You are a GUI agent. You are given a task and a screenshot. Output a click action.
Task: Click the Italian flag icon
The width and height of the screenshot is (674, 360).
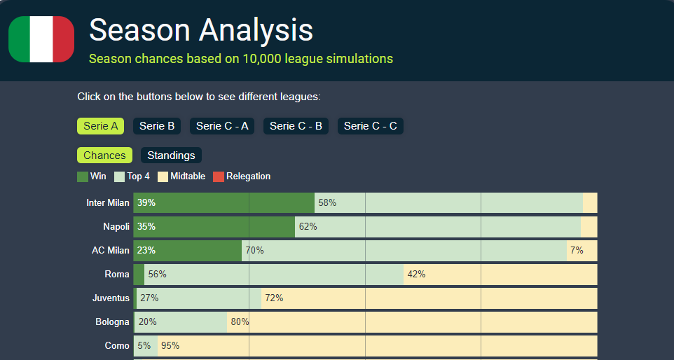coord(41,39)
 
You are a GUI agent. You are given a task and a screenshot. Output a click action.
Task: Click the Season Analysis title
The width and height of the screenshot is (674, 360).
coord(201,30)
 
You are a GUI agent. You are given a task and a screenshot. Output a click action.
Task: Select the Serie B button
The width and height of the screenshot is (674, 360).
coord(157,126)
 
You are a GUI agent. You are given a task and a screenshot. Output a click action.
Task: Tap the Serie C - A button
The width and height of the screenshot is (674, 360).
coord(222,126)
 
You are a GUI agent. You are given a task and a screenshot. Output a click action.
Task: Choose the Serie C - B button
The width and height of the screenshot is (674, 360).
coord(296,126)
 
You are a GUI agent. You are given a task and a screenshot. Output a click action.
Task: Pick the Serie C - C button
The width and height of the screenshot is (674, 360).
coord(371,126)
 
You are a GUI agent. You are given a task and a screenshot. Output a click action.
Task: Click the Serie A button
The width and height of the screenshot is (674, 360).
coord(100,126)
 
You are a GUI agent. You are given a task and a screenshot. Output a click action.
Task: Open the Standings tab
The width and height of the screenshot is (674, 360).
coord(171,155)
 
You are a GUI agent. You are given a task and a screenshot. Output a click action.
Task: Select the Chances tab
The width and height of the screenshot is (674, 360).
coord(104,155)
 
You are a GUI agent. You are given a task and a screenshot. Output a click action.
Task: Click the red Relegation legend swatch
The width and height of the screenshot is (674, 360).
coord(218,176)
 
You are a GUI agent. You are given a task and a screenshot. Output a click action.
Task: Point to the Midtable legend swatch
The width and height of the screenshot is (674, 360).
coord(163,176)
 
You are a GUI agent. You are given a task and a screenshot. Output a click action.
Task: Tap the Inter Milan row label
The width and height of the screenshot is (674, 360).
coord(108,203)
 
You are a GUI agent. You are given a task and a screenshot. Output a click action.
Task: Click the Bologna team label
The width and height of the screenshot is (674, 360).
coord(113,322)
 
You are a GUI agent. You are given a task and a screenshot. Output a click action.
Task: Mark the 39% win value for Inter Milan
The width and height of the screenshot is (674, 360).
coord(146,203)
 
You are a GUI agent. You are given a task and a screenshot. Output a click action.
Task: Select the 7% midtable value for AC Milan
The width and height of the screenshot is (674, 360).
coord(577,251)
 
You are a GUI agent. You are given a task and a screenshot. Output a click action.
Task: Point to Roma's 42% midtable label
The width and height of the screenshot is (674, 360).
coord(416,275)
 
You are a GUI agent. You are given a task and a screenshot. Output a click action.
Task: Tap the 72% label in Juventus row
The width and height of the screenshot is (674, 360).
coord(274,298)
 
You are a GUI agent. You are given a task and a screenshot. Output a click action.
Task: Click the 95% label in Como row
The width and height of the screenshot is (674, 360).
coord(170,346)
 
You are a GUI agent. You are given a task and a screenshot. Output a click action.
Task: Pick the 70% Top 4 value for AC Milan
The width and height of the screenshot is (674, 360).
coord(254,251)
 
